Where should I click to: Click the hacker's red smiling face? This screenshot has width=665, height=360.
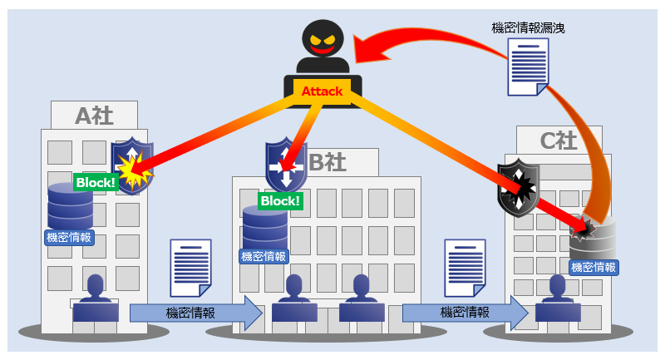[x=321, y=40]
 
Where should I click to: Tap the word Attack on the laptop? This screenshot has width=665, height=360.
[x=321, y=91]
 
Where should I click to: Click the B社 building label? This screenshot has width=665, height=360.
[x=327, y=162]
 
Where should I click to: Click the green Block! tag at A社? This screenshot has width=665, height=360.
[x=95, y=181]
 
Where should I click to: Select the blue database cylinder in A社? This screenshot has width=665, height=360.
[x=70, y=206]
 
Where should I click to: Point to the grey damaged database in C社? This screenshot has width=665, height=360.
[x=593, y=239]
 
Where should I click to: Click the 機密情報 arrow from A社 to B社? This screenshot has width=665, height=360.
[x=196, y=313]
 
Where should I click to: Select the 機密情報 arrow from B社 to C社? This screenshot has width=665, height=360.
[x=465, y=313]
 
